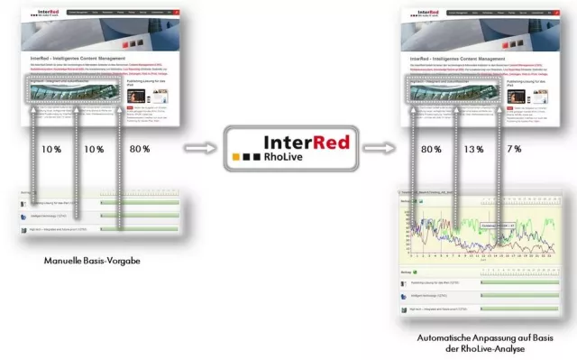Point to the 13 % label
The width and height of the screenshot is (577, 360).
pos(471,150)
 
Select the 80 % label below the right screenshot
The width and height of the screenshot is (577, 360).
pos(430,150)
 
